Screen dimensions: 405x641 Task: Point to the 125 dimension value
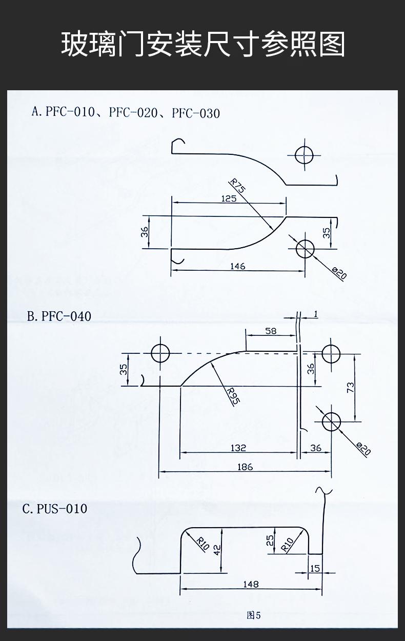229,198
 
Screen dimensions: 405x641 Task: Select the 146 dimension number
238,267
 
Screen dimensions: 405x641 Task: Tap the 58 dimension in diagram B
271,331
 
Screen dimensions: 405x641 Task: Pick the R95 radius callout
233,396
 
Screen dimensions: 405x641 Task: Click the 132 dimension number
238,448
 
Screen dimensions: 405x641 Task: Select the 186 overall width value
245,467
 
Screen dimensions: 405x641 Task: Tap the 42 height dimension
217,549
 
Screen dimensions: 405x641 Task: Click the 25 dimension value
270,540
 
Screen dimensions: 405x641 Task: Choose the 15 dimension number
315,568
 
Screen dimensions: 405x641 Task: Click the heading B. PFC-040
59,316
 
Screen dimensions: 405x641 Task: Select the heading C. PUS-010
55,509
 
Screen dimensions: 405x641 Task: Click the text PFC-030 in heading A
196,113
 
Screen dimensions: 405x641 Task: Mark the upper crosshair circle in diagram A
304,147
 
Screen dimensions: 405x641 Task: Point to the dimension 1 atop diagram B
316,314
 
